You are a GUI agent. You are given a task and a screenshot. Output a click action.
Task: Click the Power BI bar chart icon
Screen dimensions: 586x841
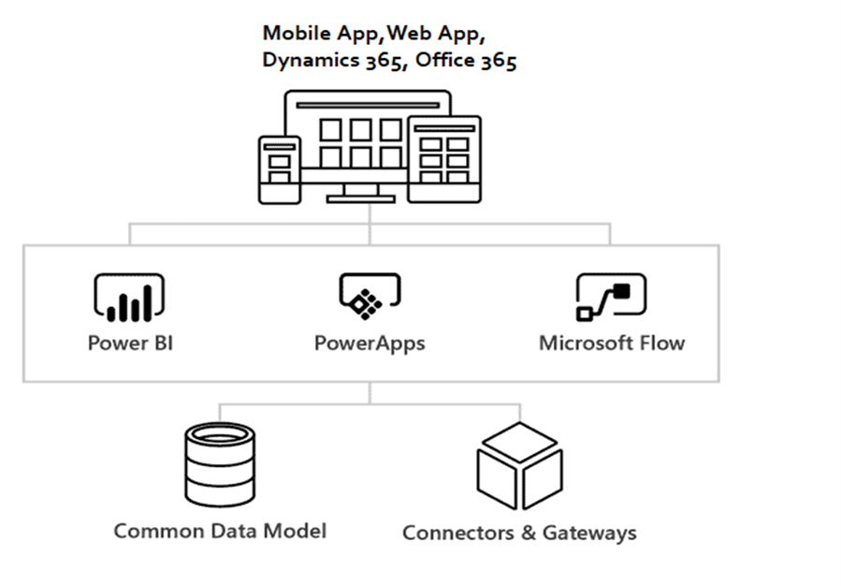[130, 297]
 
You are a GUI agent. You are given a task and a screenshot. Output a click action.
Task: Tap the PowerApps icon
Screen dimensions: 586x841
[370, 295]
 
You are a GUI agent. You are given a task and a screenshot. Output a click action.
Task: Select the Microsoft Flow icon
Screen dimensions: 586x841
[611, 297]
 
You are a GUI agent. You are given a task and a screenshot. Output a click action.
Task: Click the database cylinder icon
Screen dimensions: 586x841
[220, 463]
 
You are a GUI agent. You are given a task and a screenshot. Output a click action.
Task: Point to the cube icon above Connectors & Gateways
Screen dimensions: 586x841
[519, 465]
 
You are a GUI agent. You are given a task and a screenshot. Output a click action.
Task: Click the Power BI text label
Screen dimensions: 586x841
[130, 343]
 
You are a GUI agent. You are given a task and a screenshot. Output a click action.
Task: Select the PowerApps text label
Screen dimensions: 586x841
[370, 344]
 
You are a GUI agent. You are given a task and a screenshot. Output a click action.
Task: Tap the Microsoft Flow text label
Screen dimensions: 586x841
[612, 343]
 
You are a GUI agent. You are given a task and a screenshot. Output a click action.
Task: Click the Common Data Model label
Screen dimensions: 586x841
[220, 531]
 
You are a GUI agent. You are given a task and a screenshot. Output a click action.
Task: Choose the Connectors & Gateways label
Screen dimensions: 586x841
[519, 533]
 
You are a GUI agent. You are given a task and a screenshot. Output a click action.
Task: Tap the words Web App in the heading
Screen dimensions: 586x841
[436, 33]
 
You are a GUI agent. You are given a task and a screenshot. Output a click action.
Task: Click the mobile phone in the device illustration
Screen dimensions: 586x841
[280, 168]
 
